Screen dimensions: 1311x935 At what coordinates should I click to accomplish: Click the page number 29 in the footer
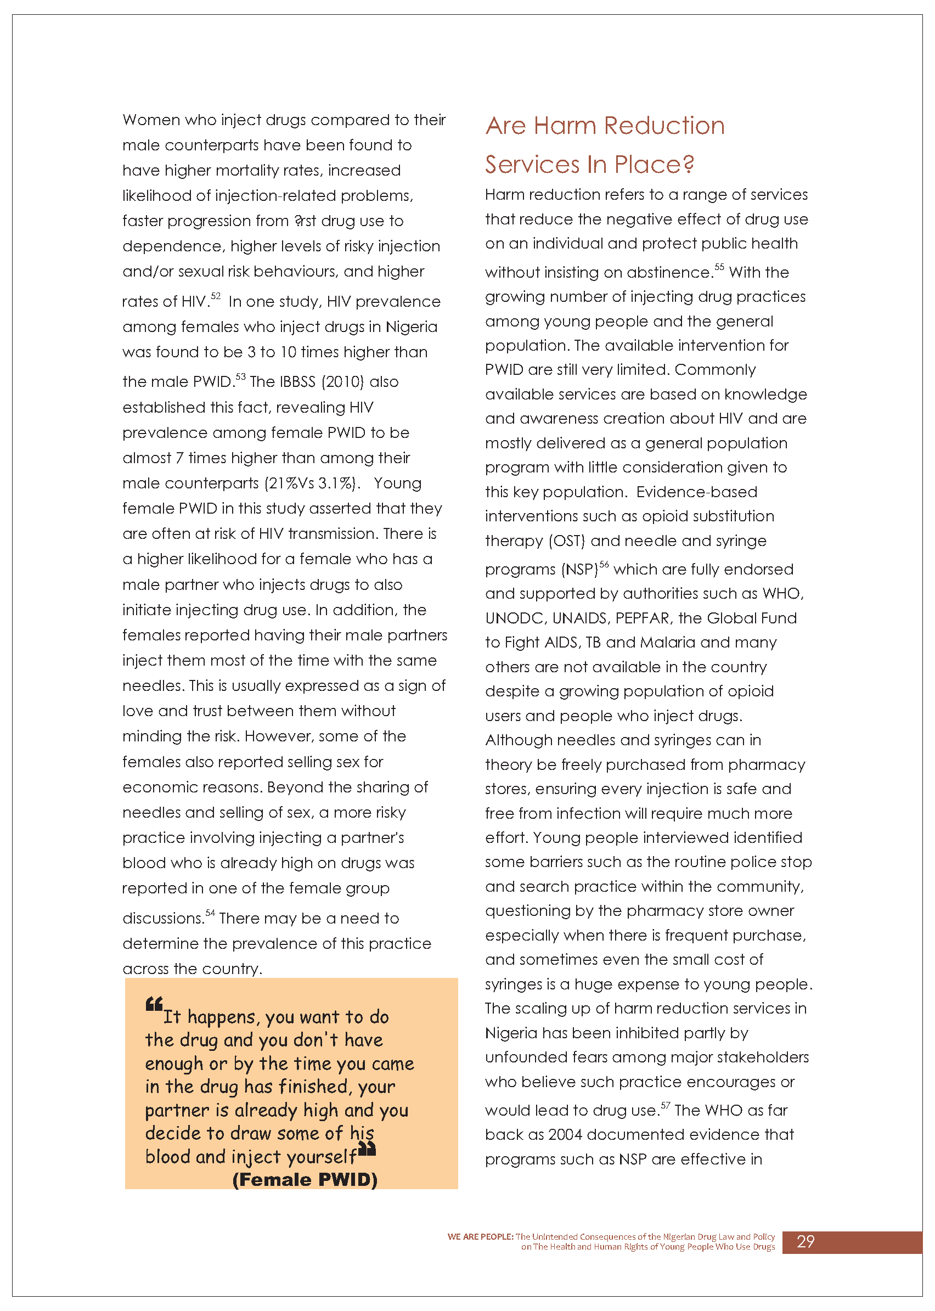coord(805,1241)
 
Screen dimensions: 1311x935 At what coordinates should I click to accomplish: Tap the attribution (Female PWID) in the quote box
coord(305,1180)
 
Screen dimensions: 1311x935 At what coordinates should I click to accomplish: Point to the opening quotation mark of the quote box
coord(154,1005)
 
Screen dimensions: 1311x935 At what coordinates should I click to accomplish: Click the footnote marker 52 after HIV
coord(216,296)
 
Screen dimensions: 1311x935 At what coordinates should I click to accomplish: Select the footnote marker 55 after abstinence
coord(719,267)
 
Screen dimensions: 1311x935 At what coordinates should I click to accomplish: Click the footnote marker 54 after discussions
coord(210,913)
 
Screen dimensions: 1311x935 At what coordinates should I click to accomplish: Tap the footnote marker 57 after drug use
coord(666,1105)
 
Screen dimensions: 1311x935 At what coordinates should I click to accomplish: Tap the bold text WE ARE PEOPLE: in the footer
coord(480,1237)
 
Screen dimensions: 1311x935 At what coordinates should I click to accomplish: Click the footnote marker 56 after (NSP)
coord(604,564)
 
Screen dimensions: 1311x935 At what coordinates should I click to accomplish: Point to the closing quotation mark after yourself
coord(367,1149)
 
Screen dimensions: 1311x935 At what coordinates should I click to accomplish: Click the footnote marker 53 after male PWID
coord(241,376)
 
